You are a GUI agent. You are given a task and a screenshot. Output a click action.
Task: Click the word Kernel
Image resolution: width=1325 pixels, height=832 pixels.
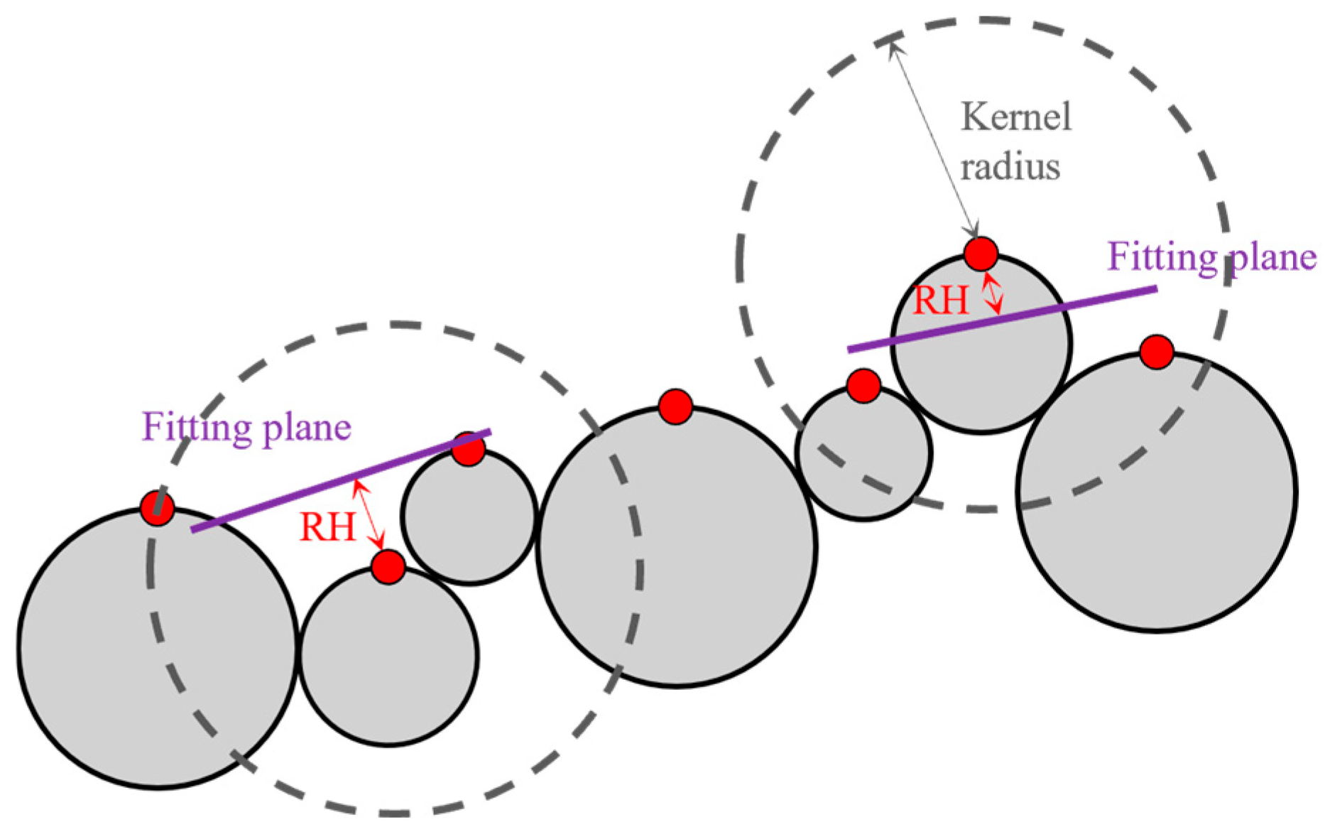[x=1015, y=117]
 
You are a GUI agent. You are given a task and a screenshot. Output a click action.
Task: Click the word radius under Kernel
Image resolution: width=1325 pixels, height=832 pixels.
[x=1010, y=168]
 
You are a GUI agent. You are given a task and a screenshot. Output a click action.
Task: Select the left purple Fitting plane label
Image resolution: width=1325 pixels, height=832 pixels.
[x=246, y=428]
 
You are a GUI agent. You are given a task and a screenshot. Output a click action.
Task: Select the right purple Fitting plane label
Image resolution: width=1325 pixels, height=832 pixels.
[x=1211, y=257]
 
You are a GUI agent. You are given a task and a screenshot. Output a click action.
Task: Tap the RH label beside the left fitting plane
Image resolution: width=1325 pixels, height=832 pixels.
[x=327, y=528]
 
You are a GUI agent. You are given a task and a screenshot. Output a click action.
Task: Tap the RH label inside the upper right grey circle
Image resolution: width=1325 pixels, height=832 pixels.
[x=940, y=301]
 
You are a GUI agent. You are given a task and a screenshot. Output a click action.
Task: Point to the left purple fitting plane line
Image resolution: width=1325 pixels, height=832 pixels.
[x=341, y=480]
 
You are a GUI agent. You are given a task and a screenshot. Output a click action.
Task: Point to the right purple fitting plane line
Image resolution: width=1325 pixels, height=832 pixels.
[x=1001, y=319]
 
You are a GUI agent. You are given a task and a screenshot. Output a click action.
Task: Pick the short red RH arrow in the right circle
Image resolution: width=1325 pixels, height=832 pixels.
[x=992, y=294]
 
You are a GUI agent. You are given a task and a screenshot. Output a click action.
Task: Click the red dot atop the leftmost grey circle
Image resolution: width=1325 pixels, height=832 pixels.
[x=158, y=508]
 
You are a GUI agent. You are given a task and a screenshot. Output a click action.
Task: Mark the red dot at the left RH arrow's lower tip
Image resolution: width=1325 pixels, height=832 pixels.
[x=388, y=567]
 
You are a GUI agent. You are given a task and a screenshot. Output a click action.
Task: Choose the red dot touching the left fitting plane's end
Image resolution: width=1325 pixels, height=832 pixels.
[x=468, y=449]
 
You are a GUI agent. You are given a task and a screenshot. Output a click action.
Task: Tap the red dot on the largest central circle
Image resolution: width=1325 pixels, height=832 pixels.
[x=675, y=407]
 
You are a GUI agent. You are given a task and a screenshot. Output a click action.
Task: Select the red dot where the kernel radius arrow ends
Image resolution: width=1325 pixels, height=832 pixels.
[x=981, y=254]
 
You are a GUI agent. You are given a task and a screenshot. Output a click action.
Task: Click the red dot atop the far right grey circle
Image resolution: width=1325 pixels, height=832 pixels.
[x=1157, y=352]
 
